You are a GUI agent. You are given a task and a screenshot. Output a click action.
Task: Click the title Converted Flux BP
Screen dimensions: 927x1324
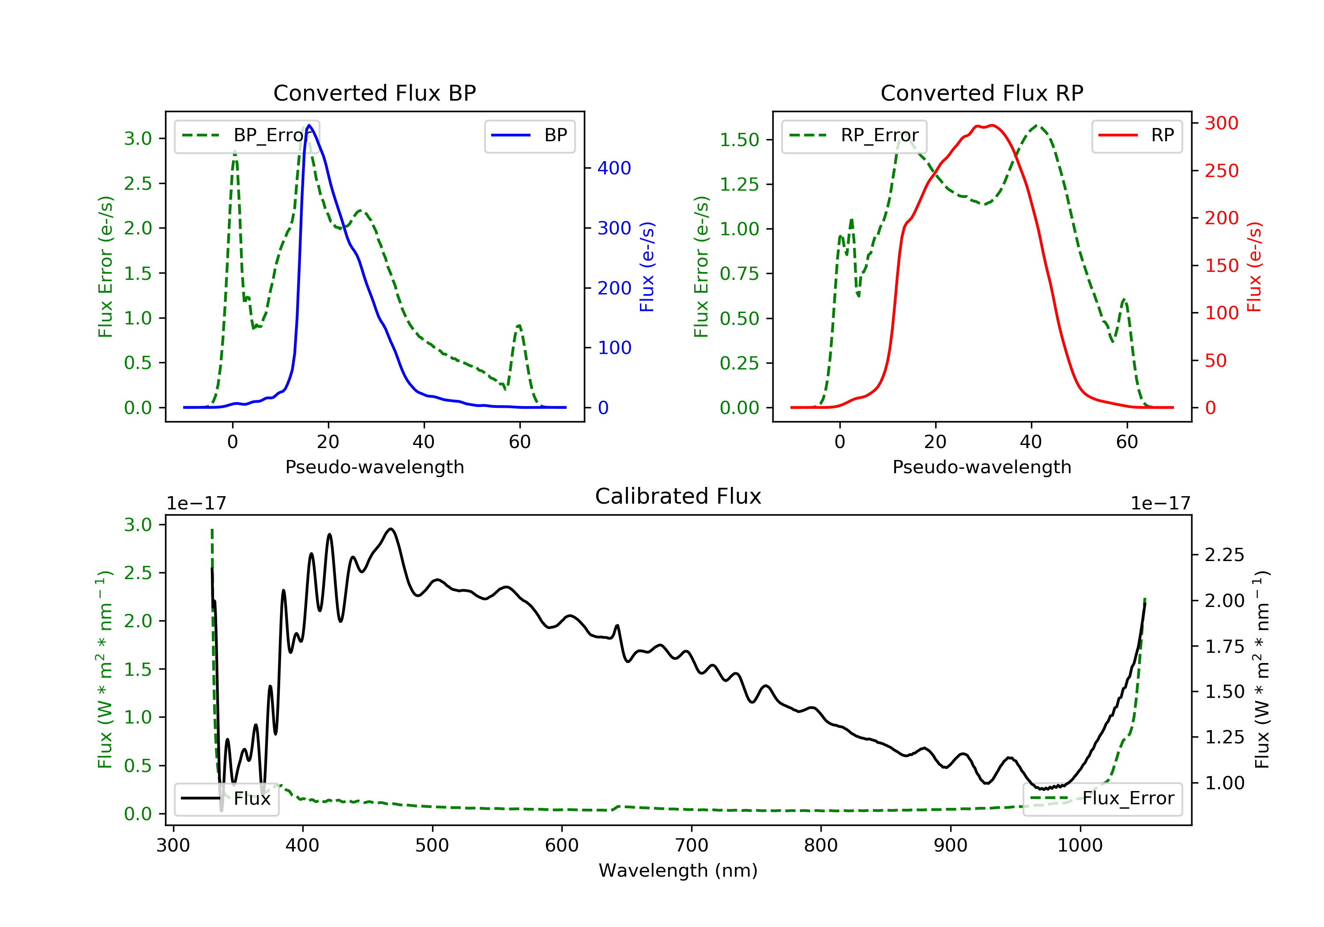tap(374, 93)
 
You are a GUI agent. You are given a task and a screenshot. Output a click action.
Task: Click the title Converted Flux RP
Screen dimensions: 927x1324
tap(982, 93)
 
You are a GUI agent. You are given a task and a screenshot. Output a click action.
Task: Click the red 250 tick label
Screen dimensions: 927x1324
tap(1221, 171)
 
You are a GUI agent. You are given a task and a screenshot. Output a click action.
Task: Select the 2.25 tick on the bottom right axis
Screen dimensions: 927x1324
tap(1224, 555)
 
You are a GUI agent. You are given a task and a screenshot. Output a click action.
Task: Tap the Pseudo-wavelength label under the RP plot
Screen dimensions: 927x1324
tap(982, 467)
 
